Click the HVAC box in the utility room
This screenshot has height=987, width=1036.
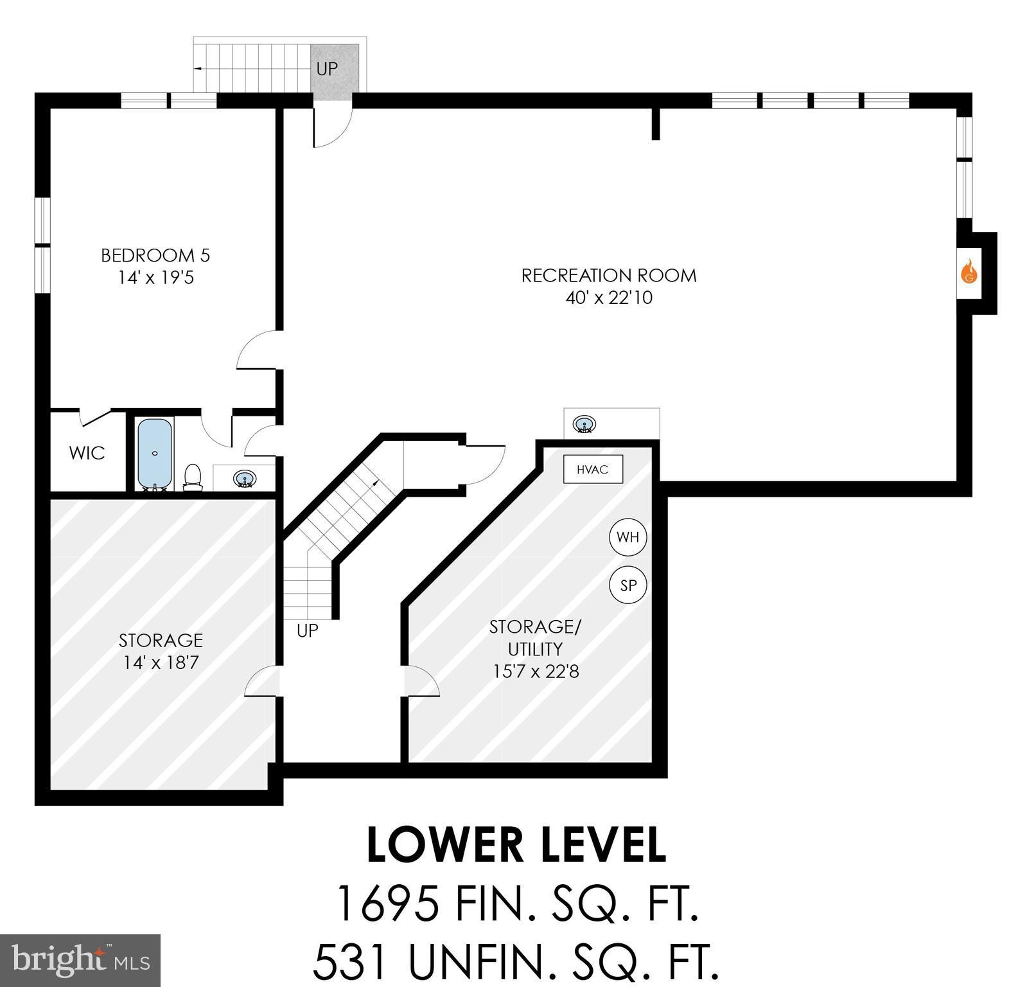click(x=592, y=469)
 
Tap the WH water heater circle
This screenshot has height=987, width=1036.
click(x=628, y=537)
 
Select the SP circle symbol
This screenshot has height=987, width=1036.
click(x=628, y=585)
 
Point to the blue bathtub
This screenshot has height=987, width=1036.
click(x=155, y=453)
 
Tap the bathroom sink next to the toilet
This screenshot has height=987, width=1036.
click(x=244, y=479)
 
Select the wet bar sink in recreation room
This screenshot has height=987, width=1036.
click(x=584, y=424)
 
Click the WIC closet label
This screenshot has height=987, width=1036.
click(x=87, y=453)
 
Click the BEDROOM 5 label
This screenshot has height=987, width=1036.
click(x=155, y=255)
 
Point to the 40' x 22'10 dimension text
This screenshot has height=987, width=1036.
click(x=608, y=298)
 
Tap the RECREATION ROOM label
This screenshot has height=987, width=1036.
click(x=608, y=276)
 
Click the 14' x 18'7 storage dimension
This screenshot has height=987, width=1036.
click(x=161, y=662)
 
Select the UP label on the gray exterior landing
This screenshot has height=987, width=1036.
click(x=327, y=69)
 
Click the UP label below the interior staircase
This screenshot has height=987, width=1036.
click(x=307, y=631)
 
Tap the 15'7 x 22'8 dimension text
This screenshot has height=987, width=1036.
click(x=536, y=671)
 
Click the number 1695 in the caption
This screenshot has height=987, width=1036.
click(x=387, y=903)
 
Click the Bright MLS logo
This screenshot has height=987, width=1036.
click(x=80, y=960)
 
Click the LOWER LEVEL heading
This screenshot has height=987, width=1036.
click(x=516, y=845)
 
